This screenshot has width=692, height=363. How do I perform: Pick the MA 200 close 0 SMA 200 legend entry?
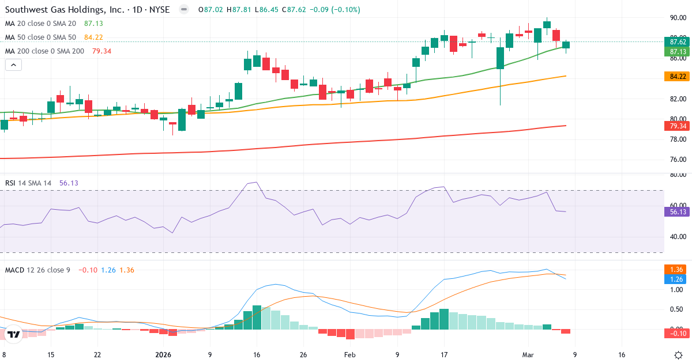click(44, 51)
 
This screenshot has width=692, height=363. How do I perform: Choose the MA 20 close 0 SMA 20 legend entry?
click(40, 24)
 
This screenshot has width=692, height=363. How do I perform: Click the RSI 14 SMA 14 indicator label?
click(28, 183)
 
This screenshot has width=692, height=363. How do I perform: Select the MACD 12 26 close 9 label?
click(37, 270)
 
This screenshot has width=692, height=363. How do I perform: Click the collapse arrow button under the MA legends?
click(13, 65)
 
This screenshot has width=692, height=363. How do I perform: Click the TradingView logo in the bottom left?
click(14, 334)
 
